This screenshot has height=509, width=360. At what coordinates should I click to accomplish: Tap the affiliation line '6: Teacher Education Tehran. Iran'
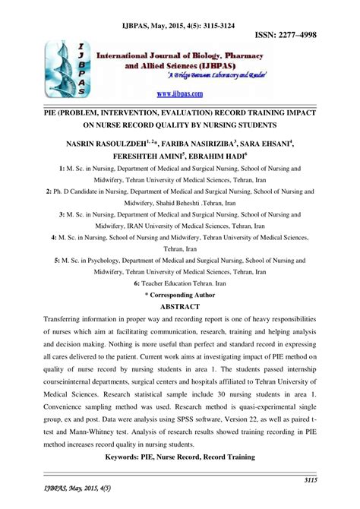pos(180,282)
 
